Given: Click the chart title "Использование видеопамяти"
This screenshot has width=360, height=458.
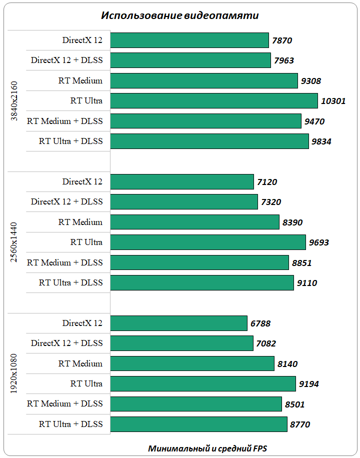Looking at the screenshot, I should [x=180, y=15].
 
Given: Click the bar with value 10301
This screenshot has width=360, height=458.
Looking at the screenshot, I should [x=213, y=101].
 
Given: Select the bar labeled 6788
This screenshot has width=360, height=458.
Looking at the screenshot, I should [x=178, y=323].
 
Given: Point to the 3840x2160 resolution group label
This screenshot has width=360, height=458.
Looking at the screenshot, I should [x=14, y=100].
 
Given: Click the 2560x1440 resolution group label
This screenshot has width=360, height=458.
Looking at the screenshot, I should [x=14, y=242].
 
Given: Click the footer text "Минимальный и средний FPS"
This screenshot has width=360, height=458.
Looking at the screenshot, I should [x=210, y=448].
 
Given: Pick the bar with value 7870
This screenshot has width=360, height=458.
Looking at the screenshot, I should [x=189, y=40].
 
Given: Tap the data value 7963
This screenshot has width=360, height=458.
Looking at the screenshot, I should [x=284, y=61].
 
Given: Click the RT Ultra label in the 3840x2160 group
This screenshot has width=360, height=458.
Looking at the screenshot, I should [x=86, y=101].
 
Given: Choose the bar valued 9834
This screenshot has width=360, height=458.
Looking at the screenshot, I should [x=209, y=141].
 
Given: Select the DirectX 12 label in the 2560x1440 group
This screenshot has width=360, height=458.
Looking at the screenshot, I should [x=82, y=182].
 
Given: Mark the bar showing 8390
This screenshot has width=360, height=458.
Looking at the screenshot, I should [x=194, y=222].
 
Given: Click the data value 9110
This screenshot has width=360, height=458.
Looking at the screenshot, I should [x=307, y=283].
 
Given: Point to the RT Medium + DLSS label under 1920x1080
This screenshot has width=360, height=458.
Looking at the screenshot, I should [x=65, y=404].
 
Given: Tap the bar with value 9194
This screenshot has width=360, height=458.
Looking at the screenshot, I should [x=202, y=384].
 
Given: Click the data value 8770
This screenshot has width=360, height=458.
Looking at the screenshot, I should [x=300, y=424].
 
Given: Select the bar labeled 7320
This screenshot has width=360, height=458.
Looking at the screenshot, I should [x=183, y=202].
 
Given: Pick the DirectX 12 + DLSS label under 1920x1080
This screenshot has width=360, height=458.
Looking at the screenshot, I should [x=67, y=343].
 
